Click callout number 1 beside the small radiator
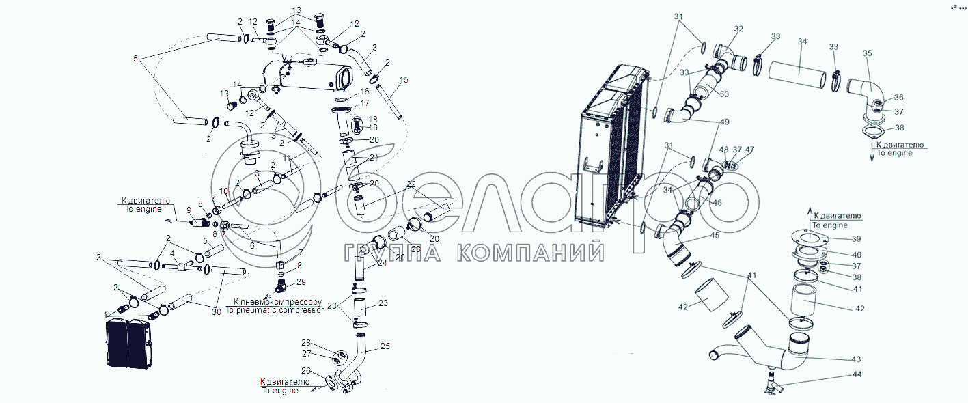(x=105, y=314)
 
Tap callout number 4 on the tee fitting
(x=172, y=253)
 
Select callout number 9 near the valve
(x=180, y=210)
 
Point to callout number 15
(x=404, y=80)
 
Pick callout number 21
(x=373, y=158)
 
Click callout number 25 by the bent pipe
(x=385, y=346)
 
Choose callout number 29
(x=301, y=282)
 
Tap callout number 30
(x=216, y=312)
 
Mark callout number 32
(x=738, y=29)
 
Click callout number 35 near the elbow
(x=867, y=53)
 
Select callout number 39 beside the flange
(x=856, y=238)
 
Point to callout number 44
(x=856, y=374)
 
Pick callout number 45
(x=714, y=235)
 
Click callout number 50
(x=724, y=93)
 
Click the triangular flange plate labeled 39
(x=807, y=238)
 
